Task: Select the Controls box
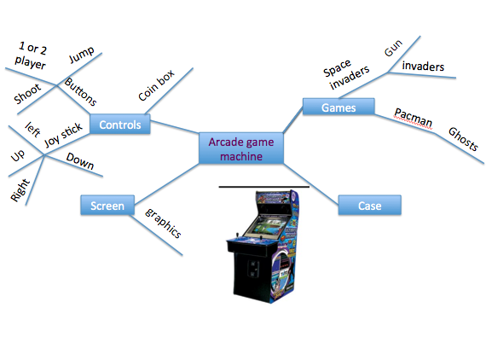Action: [119, 125]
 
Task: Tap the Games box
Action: [338, 107]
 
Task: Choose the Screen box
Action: [107, 206]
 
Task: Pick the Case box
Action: [369, 206]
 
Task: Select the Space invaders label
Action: [345, 74]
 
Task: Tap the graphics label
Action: [163, 221]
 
